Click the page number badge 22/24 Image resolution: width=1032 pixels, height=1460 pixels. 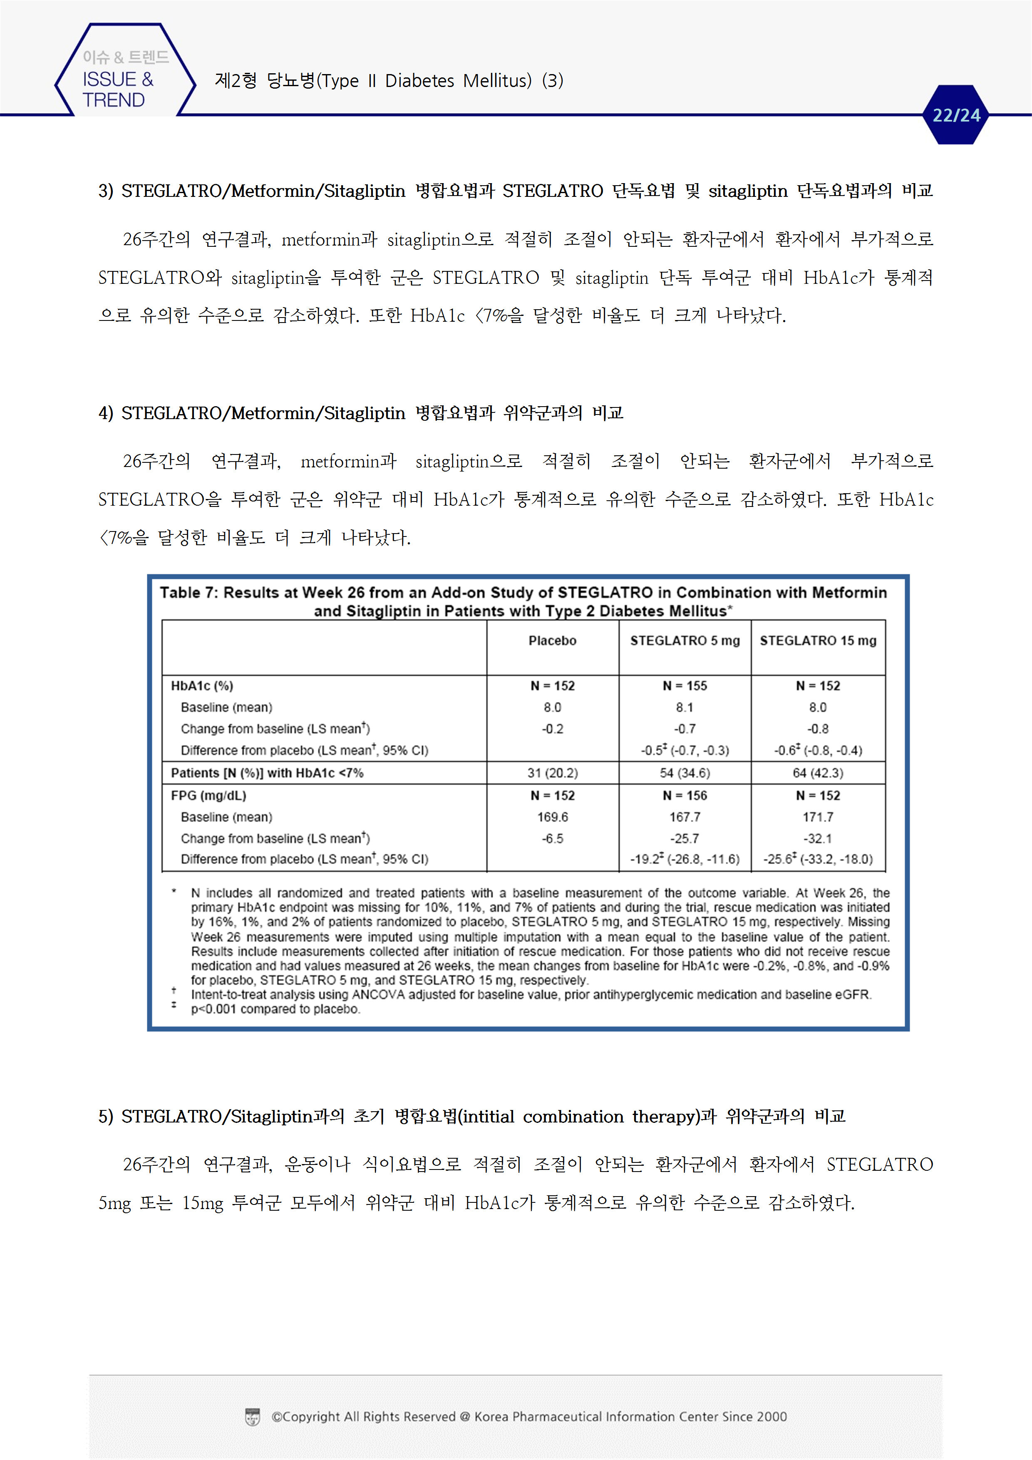click(956, 115)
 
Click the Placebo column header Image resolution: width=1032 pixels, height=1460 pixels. click(552, 641)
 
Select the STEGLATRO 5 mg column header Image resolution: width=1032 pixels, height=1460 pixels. click(685, 641)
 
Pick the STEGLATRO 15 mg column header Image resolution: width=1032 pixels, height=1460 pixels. click(818, 641)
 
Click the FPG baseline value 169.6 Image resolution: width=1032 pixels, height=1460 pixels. click(552, 817)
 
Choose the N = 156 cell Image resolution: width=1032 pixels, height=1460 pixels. click(685, 795)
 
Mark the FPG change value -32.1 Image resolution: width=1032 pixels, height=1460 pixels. click(818, 839)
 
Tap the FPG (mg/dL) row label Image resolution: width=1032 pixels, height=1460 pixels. click(208, 795)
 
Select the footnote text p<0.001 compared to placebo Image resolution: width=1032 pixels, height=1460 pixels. click(275, 1009)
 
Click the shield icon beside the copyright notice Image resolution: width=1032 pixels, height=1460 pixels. click(253, 1417)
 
